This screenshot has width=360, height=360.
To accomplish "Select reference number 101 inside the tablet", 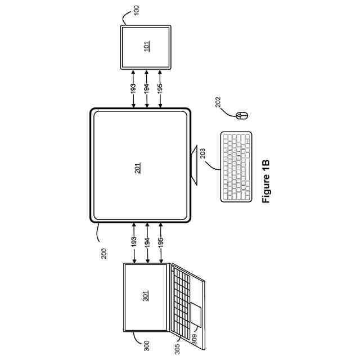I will [x=146, y=47].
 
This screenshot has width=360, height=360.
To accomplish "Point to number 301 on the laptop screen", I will [x=146, y=295].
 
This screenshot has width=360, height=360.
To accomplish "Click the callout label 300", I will [x=146, y=345].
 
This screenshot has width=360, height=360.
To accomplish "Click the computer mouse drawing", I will [x=241, y=116].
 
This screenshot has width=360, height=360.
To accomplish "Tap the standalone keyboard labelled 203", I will [x=236, y=166].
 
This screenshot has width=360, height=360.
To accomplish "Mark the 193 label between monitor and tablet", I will [x=133, y=88].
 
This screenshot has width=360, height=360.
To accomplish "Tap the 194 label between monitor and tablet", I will [x=147, y=88].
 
